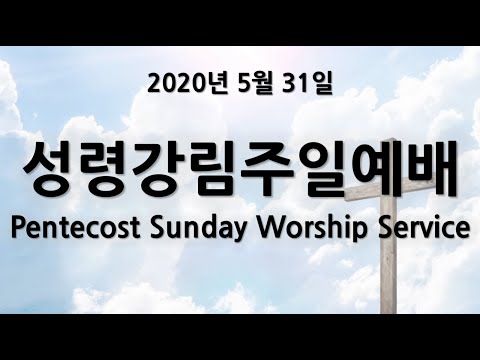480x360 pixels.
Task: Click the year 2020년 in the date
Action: tap(188, 84)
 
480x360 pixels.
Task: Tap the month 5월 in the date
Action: tap(254, 84)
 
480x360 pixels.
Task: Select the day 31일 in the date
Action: tap(307, 84)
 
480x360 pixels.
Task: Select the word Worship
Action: tap(313, 229)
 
